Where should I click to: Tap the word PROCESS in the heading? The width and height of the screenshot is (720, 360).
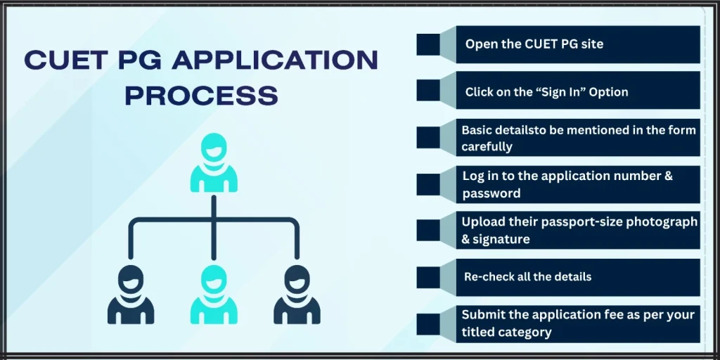201,94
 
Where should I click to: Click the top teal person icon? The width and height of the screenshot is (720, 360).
213,164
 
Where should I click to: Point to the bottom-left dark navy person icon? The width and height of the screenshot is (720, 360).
131,294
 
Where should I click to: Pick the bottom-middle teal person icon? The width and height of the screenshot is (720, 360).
214,294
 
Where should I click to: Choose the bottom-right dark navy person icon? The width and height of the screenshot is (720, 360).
297,294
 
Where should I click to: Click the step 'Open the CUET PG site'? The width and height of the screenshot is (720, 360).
534,44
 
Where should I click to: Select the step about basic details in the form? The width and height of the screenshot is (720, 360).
578,138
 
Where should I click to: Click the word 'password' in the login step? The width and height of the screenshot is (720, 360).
491,193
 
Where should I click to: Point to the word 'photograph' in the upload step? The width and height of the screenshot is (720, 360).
660,221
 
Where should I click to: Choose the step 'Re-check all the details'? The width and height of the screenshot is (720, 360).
527,276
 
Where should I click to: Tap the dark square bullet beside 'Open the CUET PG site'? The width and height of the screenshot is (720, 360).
428,44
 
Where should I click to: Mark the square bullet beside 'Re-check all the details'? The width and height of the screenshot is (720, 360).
428,277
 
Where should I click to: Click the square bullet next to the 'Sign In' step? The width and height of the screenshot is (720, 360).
428,91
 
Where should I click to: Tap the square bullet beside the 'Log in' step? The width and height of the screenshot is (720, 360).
428,184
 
